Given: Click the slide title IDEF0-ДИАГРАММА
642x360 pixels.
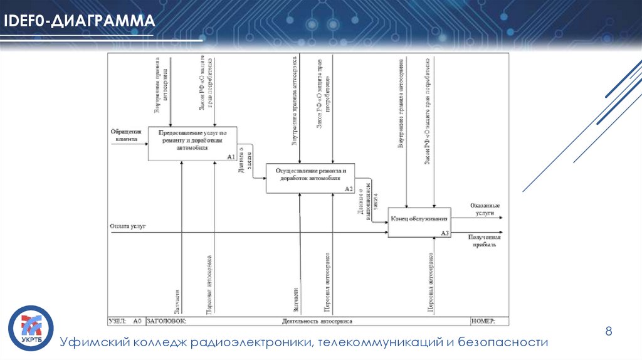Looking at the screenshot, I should (x=80, y=22).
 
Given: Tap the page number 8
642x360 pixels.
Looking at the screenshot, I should (x=608, y=331).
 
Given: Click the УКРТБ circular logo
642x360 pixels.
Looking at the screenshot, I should (x=30, y=327).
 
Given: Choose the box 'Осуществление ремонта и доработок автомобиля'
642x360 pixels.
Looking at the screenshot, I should (x=310, y=177).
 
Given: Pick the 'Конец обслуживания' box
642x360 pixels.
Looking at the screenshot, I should (x=419, y=221).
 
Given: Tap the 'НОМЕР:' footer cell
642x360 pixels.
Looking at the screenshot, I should (x=483, y=321).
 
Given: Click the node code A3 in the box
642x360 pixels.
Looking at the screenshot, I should (x=445, y=233).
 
